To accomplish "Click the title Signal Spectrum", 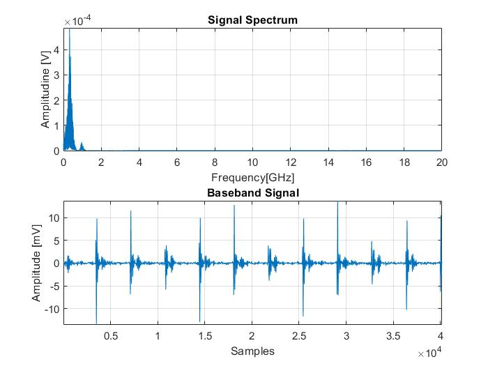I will click(x=252, y=20).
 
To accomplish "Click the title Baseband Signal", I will click(x=252, y=192).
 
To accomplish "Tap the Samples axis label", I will click(x=252, y=351).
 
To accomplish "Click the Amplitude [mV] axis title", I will click(x=36, y=262).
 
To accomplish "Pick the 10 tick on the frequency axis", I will click(x=252, y=162).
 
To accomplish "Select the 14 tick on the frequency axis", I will click(x=328, y=162).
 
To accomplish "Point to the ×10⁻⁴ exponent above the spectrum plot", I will click(x=78, y=22).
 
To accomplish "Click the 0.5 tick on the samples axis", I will click(x=110, y=335).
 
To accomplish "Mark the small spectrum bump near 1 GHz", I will click(x=82, y=144).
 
